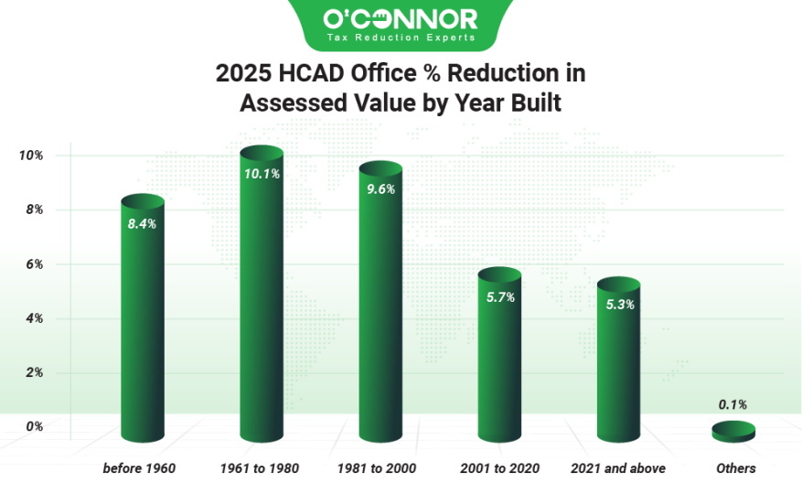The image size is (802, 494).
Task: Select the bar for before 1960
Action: [142, 320]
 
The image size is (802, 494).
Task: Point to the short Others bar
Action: [733, 431]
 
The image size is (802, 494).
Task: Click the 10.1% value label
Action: [262, 173]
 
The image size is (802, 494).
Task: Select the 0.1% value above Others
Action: [733, 403]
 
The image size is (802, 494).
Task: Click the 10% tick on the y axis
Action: [30, 156]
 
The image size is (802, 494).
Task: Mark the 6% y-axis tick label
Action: [34, 264]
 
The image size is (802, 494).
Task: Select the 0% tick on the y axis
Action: [34, 426]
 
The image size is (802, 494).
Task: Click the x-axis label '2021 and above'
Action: [618, 468]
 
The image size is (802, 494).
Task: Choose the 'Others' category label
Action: [735, 468]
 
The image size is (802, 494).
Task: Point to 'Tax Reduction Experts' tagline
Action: [401, 38]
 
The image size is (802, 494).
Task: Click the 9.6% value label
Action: [380, 190]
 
